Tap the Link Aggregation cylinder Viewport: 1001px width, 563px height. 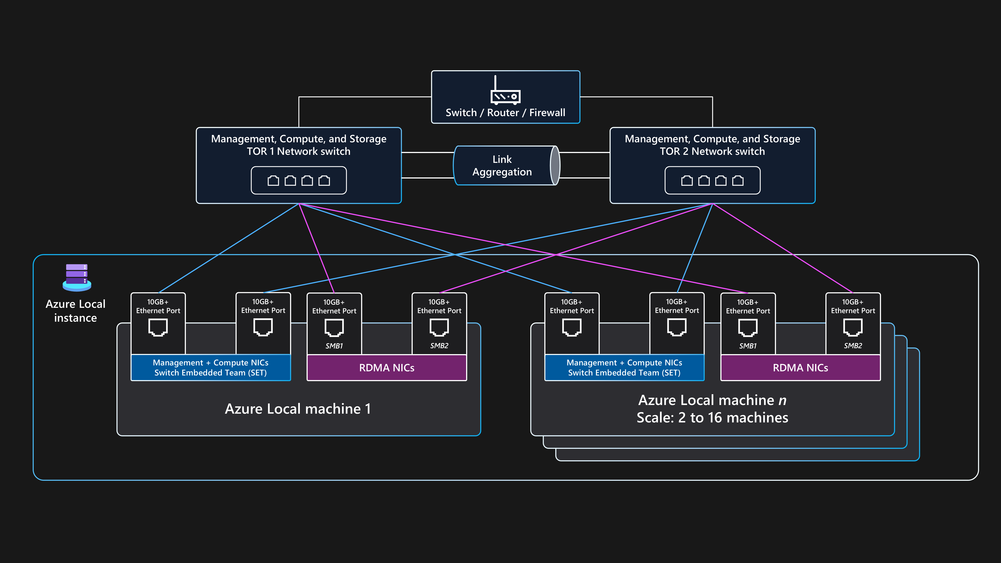(506, 166)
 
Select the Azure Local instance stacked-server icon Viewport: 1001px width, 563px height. (77, 277)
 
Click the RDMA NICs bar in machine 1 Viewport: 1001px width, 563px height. (387, 368)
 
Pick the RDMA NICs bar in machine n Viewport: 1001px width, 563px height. (801, 368)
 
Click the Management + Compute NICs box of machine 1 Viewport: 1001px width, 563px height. (211, 368)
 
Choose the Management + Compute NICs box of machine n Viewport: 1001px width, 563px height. (625, 368)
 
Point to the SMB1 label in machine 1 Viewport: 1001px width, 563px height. (334, 346)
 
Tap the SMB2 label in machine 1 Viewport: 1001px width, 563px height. (439, 346)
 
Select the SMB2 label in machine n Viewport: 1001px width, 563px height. (853, 346)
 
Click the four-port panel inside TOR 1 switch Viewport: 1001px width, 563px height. (299, 180)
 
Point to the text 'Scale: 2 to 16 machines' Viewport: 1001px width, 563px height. (712, 418)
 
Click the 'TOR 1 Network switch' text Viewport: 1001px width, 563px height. (299, 151)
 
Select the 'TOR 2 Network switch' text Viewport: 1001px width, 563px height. (712, 151)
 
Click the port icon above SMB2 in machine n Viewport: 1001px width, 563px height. (853, 327)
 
